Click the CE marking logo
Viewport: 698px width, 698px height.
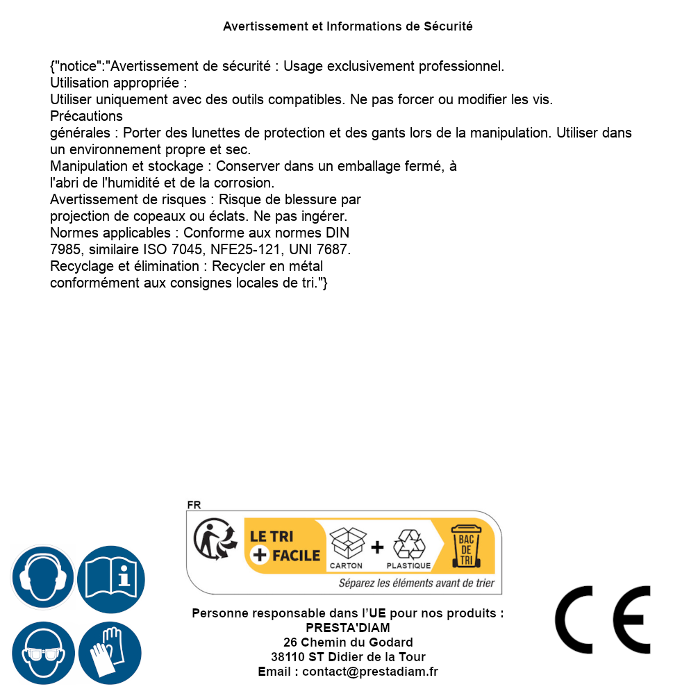[602, 620]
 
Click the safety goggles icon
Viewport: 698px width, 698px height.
[42, 654]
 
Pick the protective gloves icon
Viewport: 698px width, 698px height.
[110, 654]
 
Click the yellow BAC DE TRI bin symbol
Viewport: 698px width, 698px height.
[465, 547]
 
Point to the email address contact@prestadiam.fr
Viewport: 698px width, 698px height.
[369, 672]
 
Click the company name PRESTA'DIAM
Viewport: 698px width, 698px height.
[347, 628]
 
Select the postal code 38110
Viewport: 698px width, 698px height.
[288, 657]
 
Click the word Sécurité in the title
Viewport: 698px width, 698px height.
[448, 26]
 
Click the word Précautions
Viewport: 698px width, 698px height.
[86, 116]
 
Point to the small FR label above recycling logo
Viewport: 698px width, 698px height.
[194, 506]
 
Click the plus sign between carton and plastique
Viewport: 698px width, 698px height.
[377, 547]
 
